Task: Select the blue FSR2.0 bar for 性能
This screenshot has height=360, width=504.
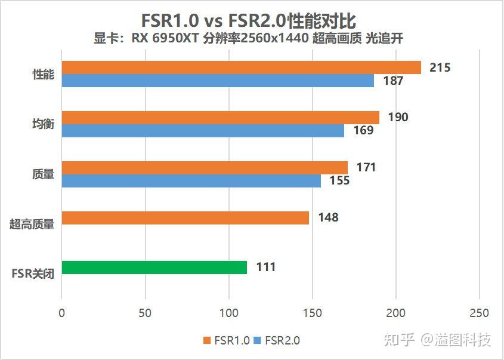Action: point(218,81)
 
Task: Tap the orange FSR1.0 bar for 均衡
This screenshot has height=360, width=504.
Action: point(220,118)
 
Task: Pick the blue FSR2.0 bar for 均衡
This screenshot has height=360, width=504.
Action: point(203,131)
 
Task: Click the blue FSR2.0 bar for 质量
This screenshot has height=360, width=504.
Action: point(191,180)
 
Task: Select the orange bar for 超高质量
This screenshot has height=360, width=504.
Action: point(185,218)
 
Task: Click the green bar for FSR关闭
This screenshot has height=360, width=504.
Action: point(154,267)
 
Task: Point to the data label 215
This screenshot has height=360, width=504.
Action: point(440,67)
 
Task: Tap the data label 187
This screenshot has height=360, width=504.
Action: point(393,81)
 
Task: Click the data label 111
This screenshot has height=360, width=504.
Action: point(265,267)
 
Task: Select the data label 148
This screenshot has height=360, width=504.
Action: point(328,218)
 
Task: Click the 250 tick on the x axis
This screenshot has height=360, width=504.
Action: point(479,313)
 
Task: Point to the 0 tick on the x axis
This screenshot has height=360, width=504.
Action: point(61,313)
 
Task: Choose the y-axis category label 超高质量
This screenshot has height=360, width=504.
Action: point(32,224)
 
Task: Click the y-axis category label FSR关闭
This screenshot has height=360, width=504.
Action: point(32,275)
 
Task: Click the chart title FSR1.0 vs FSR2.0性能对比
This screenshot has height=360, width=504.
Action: point(249,21)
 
